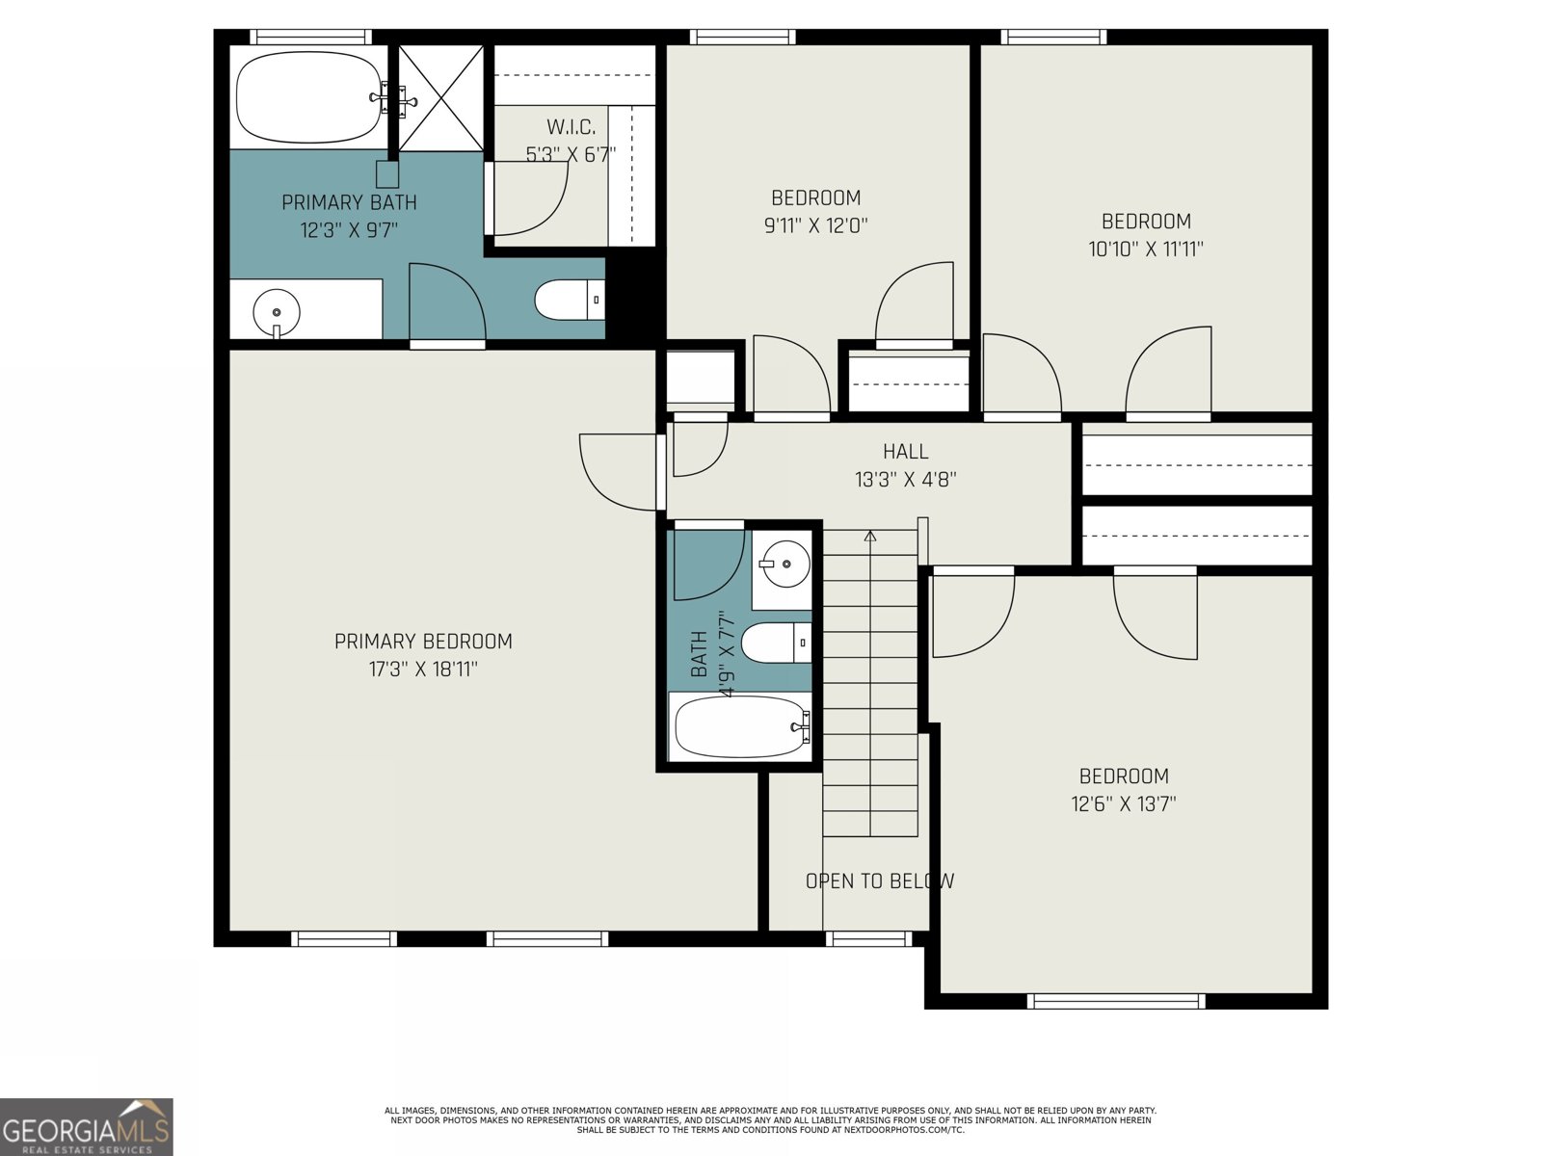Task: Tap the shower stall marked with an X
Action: (440, 97)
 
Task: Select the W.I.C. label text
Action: (572, 126)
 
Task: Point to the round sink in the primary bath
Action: (277, 312)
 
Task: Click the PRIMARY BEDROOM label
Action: (423, 641)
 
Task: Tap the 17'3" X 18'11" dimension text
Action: (423, 670)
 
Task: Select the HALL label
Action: (905, 451)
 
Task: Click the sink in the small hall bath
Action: (782, 561)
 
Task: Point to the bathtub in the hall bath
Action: (739, 727)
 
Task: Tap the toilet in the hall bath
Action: (775, 643)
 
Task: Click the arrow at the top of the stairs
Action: (870, 536)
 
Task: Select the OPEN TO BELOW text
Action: (879, 880)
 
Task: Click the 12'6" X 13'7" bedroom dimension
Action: (1123, 803)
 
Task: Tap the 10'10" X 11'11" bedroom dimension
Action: (1146, 249)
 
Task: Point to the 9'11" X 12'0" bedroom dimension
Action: (815, 225)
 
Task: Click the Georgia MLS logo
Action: (87, 1127)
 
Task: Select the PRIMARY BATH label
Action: (349, 202)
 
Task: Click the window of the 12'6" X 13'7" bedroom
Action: (1115, 1001)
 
